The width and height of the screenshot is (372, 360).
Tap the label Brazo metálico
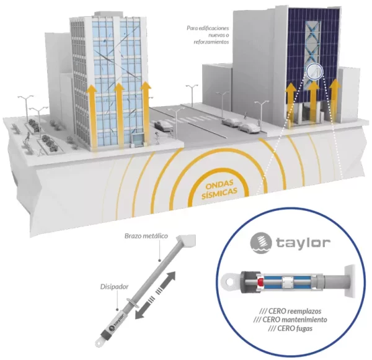tap(146, 236)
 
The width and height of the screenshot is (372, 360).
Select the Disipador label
tap(114, 287)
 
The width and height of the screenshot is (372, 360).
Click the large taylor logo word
tap(303, 243)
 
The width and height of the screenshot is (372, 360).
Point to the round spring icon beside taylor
tap(261, 243)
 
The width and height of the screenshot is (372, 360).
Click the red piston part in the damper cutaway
tap(260, 282)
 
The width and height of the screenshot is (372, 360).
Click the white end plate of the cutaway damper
tap(350, 281)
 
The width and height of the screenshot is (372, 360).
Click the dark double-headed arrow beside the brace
tap(155, 295)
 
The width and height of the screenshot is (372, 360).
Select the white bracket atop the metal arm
tap(187, 240)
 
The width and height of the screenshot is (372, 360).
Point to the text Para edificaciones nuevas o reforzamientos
tap(208, 35)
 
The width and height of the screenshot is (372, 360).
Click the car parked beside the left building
tap(163, 125)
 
